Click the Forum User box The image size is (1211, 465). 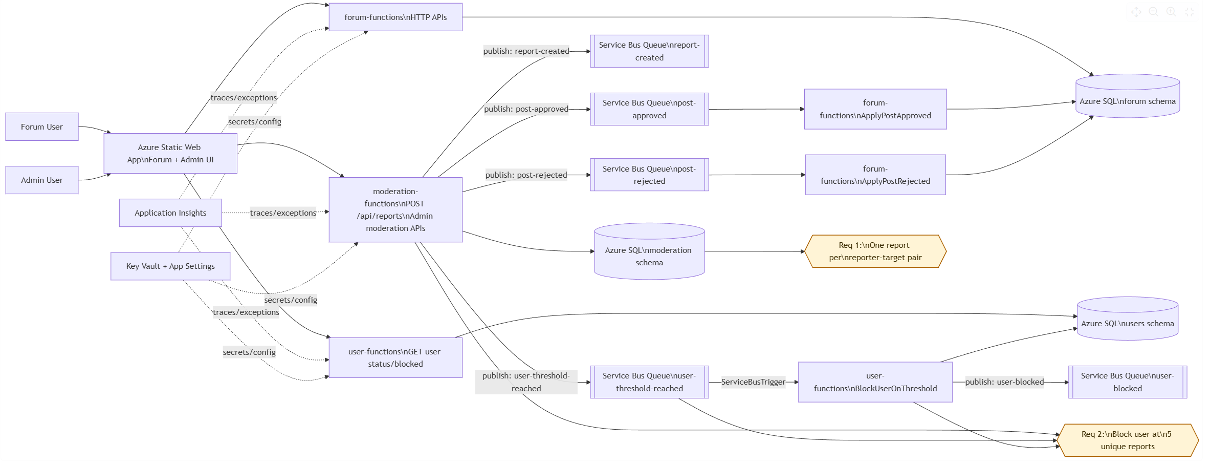point(42,126)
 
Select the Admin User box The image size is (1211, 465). point(42,180)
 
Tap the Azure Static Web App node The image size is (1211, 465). point(170,153)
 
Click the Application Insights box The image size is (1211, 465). point(170,213)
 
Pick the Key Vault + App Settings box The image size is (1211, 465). point(170,266)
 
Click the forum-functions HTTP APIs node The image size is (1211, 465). point(395,17)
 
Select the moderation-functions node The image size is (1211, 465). point(395,209)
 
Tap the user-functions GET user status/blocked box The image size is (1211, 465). point(395,357)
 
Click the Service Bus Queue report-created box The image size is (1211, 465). point(649,51)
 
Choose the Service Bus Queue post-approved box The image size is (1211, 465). point(649,109)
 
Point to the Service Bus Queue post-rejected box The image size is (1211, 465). point(649,175)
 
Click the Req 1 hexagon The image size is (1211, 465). point(875,251)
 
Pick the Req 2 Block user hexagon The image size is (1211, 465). point(1128,440)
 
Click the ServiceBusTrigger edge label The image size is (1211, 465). point(753,382)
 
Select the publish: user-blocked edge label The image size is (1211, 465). point(1004,382)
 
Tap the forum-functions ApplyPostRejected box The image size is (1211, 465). point(875,175)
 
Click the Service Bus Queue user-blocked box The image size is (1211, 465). point(1128,382)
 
